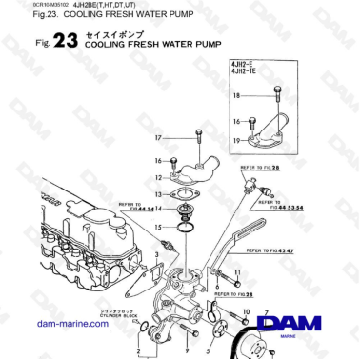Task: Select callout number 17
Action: tap(159, 139)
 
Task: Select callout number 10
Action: tap(247, 311)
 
